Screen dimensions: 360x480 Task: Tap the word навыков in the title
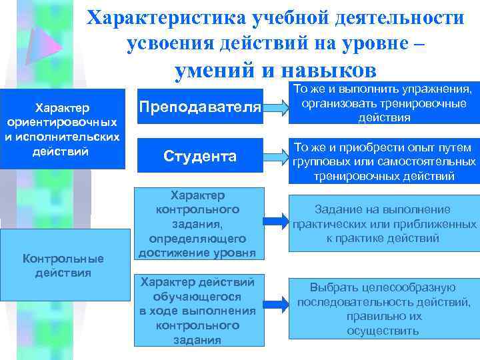pyautogui.click(x=329, y=70)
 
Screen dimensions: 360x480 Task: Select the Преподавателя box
pyautogui.click(x=200, y=107)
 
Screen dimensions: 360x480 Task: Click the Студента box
pyautogui.click(x=200, y=157)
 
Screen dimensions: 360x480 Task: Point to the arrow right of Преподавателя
pyautogui.click(x=274, y=107)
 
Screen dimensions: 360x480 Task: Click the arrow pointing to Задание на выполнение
pyautogui.click(x=274, y=222)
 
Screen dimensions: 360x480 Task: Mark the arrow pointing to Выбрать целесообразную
pyautogui.click(x=274, y=309)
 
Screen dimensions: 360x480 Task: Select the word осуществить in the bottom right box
pyautogui.click(x=383, y=331)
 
